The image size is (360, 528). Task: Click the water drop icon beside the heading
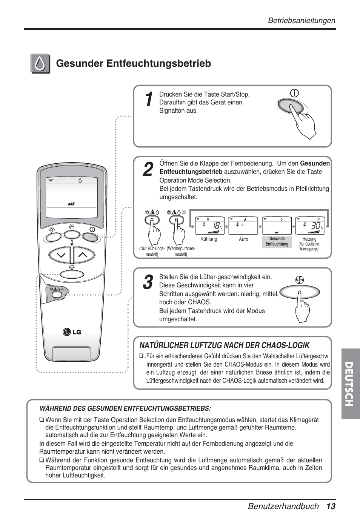click(40, 64)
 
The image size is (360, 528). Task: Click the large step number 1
click(149, 100)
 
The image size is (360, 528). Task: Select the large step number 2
click(148, 170)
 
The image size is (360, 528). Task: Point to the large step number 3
click(148, 282)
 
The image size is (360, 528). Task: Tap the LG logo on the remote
click(72, 332)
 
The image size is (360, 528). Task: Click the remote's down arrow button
click(60, 255)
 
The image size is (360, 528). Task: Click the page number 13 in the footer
click(331, 506)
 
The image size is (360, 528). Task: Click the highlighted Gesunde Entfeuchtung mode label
click(277, 241)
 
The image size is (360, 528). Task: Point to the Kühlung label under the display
click(209, 239)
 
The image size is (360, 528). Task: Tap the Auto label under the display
click(243, 239)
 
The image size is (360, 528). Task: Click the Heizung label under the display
click(309, 239)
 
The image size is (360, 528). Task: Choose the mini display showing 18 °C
click(210, 226)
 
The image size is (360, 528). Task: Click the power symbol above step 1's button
click(294, 93)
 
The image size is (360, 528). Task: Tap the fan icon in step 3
click(300, 280)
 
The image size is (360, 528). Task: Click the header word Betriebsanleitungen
click(302, 20)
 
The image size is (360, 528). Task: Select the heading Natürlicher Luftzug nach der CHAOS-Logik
click(225, 345)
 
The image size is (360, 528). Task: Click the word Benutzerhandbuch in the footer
click(283, 506)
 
